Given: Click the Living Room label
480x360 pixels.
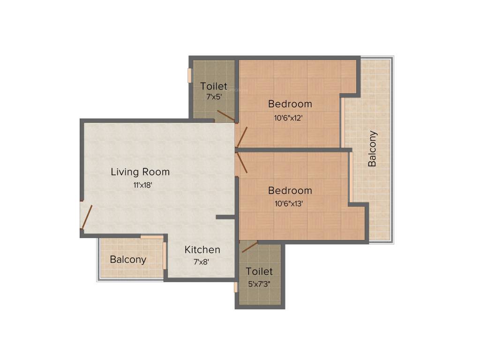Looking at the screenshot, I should [140, 172].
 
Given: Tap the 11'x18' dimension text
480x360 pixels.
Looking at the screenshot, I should [142, 185].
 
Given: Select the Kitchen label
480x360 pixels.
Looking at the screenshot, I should [202, 250].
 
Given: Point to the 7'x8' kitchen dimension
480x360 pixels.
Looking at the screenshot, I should [201, 262].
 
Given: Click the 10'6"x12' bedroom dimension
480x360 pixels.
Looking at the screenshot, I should [288, 119].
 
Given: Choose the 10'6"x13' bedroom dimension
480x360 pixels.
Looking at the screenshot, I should [289, 203].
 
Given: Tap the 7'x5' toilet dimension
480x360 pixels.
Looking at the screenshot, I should [214, 97].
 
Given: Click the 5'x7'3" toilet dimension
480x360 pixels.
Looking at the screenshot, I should [258, 284].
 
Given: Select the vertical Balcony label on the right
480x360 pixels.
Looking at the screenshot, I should [373, 149].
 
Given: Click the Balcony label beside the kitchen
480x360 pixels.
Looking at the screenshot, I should [128, 260].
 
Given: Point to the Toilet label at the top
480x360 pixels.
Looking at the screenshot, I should [214, 86].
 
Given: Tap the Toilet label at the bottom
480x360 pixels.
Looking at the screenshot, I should [259, 271].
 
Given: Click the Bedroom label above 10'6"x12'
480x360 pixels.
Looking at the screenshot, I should [290, 104].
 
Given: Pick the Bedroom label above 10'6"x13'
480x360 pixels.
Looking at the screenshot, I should [290, 191].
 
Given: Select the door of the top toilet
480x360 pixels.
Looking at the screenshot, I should [226, 116].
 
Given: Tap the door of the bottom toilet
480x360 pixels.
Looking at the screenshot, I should [250, 247].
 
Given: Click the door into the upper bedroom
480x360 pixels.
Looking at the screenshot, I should [242, 136].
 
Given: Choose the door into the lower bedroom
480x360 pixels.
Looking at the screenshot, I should [242, 163].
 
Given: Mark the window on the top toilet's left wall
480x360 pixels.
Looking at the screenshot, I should [190, 75].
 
